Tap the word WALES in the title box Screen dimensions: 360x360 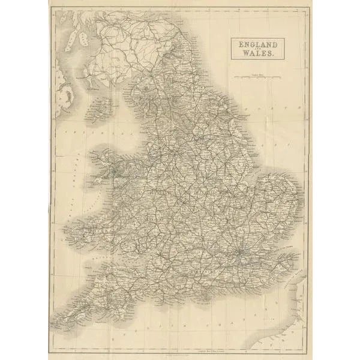click(259, 53)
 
